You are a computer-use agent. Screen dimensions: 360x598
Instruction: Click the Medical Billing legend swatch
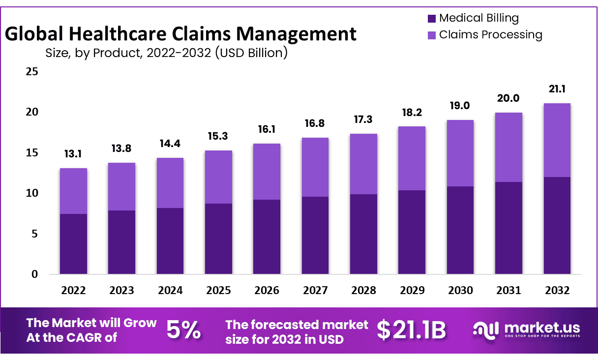coord(432,19)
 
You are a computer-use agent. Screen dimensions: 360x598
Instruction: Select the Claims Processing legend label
coord(490,35)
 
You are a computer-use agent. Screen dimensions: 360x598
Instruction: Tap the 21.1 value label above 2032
coord(557,90)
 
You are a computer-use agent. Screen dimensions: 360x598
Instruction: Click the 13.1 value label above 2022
coord(73,154)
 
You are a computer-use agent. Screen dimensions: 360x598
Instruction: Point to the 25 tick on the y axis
coord(32,72)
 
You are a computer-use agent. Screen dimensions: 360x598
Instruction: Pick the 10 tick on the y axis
coord(32,193)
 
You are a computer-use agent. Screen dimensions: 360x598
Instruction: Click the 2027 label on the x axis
coord(315,290)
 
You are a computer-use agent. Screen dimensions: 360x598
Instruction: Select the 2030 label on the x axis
coord(460,290)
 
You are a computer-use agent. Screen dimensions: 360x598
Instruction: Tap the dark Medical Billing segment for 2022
coord(73,244)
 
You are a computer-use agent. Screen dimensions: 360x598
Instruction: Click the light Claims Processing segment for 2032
coord(557,140)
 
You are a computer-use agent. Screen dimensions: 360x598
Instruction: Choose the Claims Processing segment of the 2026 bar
coord(267,172)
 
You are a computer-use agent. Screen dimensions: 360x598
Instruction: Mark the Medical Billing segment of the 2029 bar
coord(412,232)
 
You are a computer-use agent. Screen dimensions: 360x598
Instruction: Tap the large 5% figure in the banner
coord(183,330)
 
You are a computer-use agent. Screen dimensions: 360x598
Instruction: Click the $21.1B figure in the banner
coord(411,330)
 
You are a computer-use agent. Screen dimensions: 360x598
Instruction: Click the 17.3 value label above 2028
coord(363,120)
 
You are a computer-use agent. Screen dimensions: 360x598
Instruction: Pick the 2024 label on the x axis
coord(170,290)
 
